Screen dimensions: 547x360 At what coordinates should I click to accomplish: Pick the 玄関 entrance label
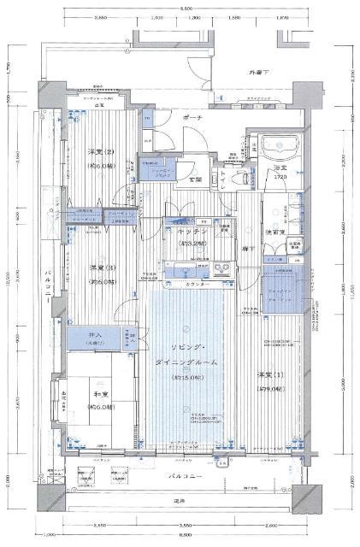point(196,179)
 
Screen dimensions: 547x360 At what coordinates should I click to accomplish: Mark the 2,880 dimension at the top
point(100,16)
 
